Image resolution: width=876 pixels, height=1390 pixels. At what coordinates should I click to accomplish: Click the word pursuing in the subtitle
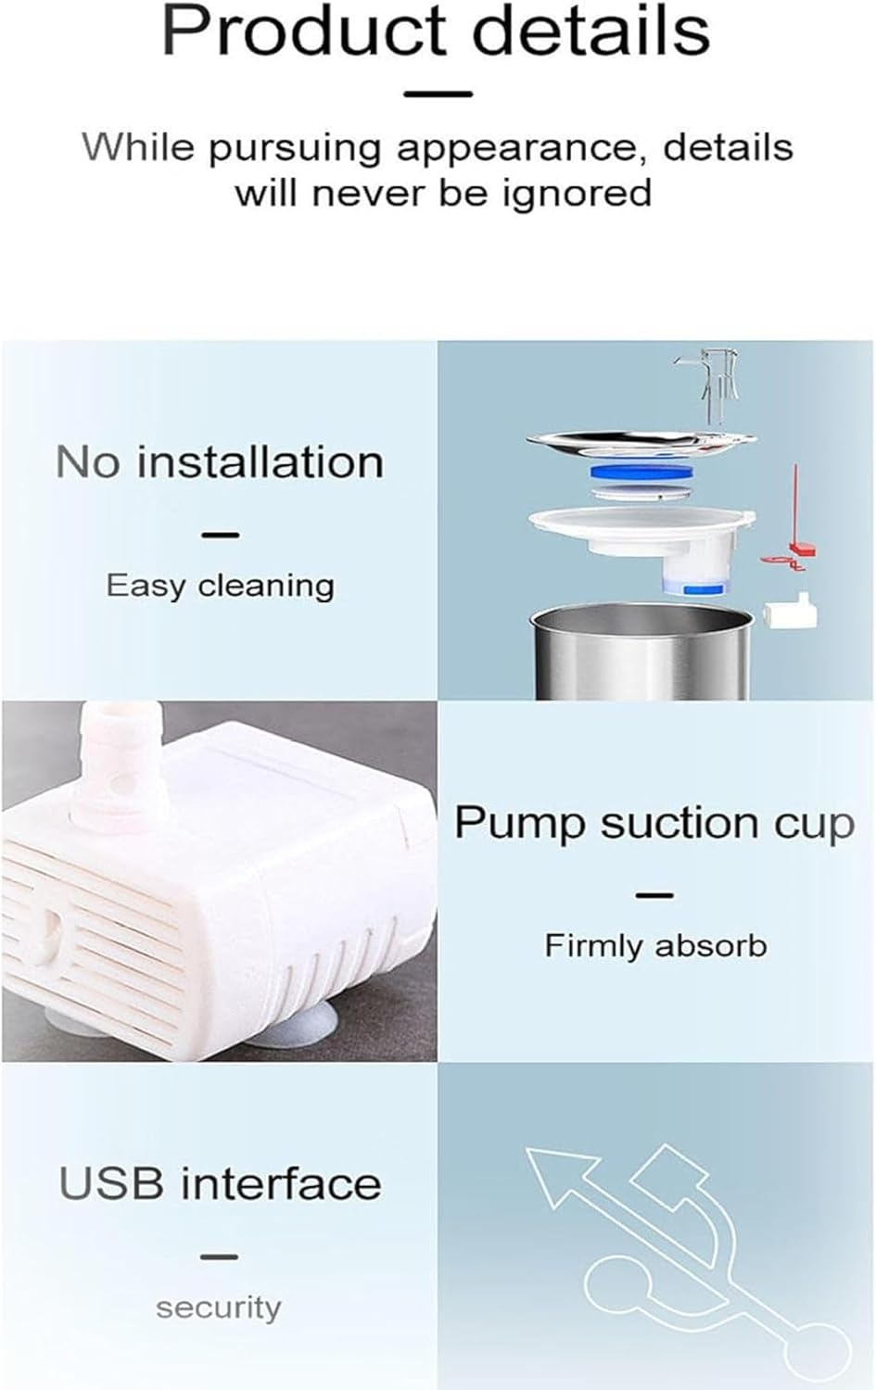[x=295, y=149]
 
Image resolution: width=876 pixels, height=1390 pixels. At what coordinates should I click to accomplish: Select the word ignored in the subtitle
[x=578, y=194]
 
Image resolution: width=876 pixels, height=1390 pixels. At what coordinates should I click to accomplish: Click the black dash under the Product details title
[x=438, y=94]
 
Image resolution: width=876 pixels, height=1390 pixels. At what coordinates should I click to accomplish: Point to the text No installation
[x=220, y=461]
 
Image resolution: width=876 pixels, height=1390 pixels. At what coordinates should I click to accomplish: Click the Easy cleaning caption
[x=220, y=586]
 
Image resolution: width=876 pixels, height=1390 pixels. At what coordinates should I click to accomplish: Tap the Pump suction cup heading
[x=654, y=823]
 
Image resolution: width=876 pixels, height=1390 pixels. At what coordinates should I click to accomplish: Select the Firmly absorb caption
[x=655, y=945]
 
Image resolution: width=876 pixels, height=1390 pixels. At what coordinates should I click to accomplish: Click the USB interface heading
[x=220, y=1183]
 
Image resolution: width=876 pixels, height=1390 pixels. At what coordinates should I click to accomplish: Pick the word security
[x=218, y=1308]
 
